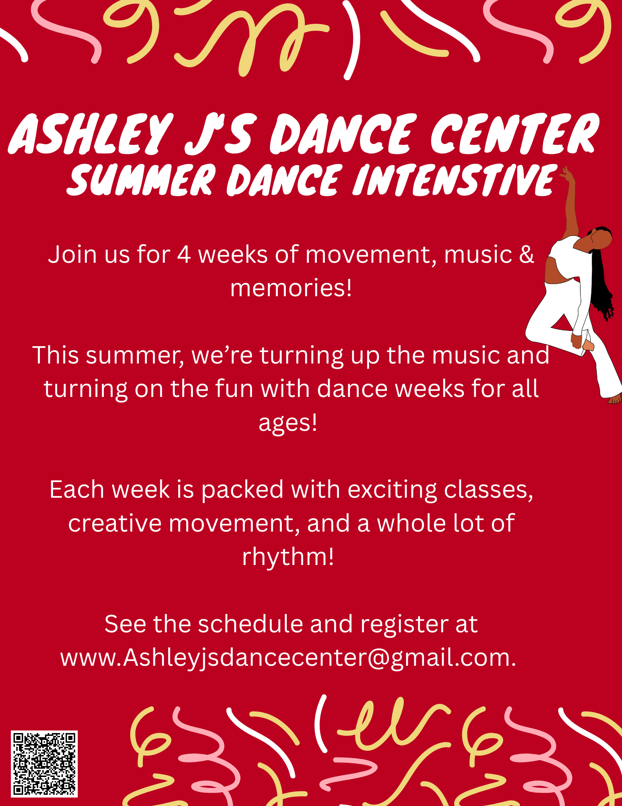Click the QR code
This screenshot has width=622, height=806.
tap(44, 764)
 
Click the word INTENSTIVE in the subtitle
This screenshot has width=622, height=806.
tap(455, 180)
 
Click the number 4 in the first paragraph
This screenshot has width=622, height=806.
tap(184, 255)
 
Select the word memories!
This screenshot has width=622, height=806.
tap(291, 288)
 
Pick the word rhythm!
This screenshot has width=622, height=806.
tap(288, 557)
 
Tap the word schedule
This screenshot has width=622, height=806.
tap(250, 624)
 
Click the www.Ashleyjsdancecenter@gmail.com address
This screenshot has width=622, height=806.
tap(288, 658)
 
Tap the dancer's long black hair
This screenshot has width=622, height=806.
tap(602, 282)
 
